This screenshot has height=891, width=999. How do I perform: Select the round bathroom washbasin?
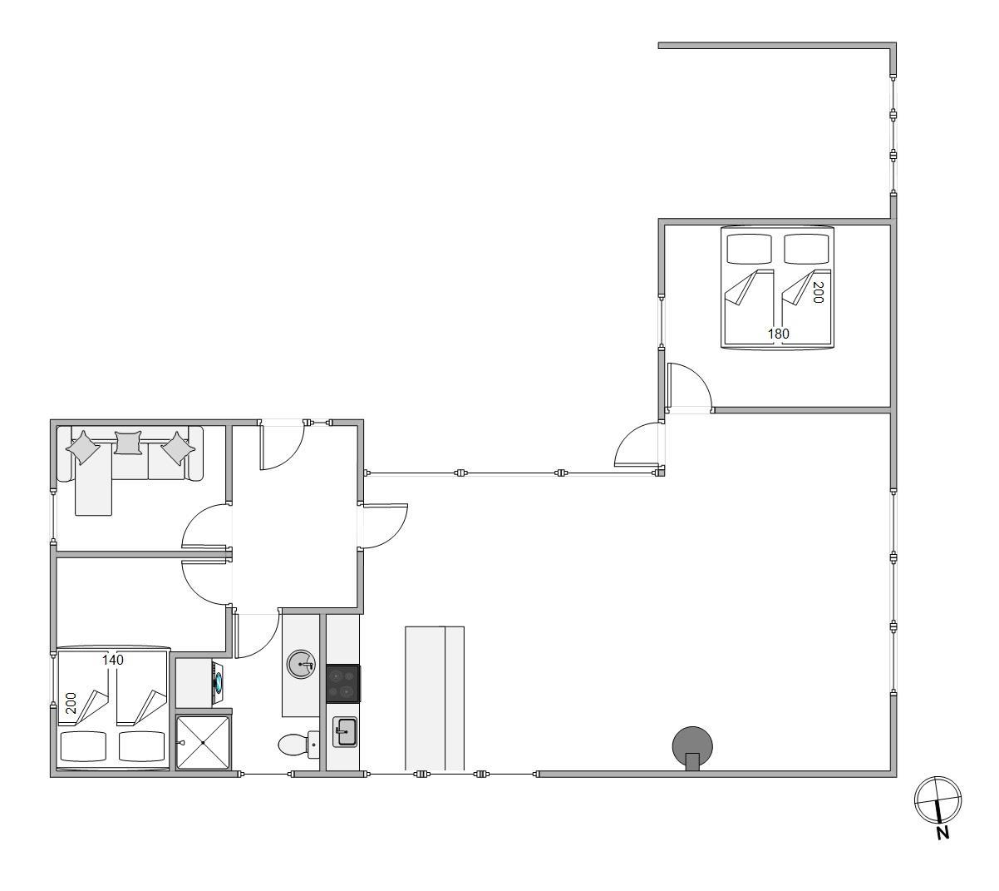click(301, 665)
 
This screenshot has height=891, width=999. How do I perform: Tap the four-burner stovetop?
click(342, 684)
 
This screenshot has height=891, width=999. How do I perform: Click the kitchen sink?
click(344, 731)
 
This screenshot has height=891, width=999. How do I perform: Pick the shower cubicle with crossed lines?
click(203, 742)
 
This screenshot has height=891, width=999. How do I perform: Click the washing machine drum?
click(218, 683)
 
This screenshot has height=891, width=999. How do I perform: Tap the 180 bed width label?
click(778, 334)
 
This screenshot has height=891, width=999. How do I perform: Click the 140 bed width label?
click(112, 660)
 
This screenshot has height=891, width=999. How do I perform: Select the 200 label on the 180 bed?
click(818, 292)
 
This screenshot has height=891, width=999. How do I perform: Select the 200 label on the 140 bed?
click(71, 703)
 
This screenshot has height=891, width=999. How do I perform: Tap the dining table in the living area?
click(435, 698)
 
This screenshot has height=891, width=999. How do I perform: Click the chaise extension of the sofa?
click(93, 479)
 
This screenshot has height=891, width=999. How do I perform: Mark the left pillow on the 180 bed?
click(749, 250)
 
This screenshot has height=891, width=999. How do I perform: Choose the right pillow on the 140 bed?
click(141, 746)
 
